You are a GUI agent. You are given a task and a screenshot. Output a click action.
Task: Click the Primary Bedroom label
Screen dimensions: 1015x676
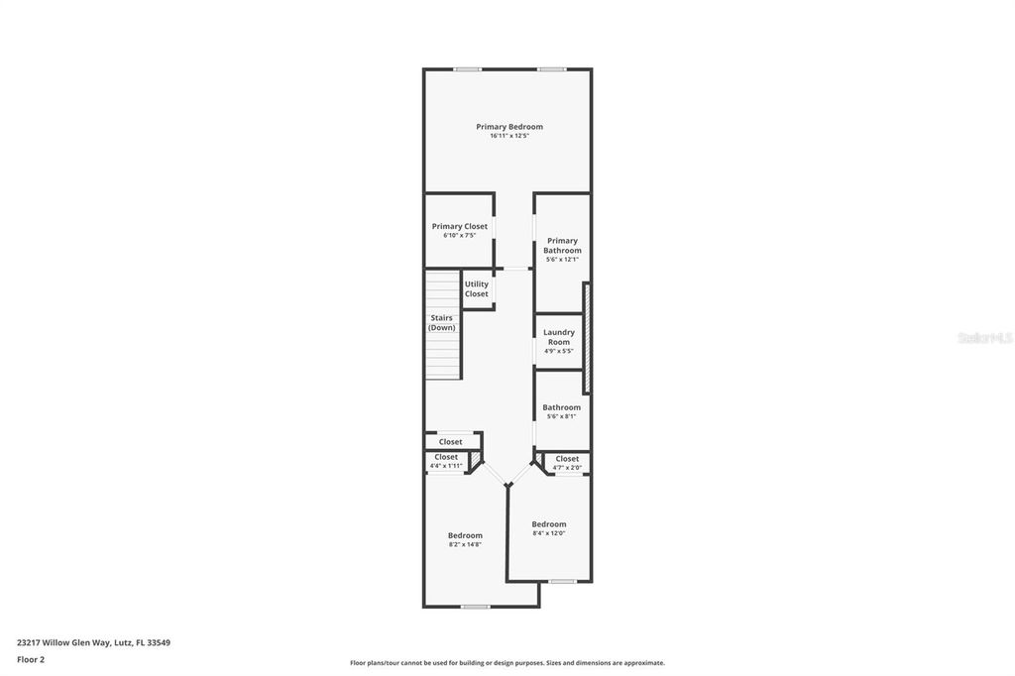[x=509, y=127]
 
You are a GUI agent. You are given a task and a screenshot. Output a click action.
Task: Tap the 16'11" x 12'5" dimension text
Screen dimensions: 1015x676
[x=509, y=136]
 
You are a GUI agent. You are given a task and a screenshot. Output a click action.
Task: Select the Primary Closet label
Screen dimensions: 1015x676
[x=460, y=226]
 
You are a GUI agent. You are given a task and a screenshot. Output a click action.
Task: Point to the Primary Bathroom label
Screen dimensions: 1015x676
[x=562, y=246]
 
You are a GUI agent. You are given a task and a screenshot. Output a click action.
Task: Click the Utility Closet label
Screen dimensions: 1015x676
[x=477, y=288]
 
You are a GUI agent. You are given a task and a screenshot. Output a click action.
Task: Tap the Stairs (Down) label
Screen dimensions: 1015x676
[x=442, y=322]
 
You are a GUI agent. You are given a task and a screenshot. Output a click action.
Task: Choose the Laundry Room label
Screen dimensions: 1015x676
[x=559, y=337]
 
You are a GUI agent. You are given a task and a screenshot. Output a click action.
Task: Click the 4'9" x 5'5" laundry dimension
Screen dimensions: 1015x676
[x=559, y=351]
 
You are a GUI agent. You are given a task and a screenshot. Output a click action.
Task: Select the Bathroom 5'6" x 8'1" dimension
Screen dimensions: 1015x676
[x=561, y=416]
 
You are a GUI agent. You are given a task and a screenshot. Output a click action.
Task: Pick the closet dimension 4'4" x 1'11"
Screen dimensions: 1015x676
[x=446, y=466]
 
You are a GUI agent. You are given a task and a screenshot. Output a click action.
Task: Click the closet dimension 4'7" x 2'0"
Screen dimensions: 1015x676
[x=567, y=468]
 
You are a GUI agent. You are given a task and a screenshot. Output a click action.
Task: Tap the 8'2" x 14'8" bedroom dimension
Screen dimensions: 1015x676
[x=465, y=544]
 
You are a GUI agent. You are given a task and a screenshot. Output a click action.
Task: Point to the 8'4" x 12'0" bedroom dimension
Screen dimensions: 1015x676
[x=549, y=533]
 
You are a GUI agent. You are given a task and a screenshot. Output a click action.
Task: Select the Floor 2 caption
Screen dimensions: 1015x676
[x=31, y=660]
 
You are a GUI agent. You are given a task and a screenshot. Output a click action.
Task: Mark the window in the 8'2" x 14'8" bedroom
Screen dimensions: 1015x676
[x=475, y=607]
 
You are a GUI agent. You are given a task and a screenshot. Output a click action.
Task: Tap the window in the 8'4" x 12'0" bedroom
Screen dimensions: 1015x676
[x=563, y=582]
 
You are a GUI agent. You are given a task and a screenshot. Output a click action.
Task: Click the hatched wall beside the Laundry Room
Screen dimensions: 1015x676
[x=587, y=338]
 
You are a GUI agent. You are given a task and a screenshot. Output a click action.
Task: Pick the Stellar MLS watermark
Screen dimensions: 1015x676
[x=984, y=338]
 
